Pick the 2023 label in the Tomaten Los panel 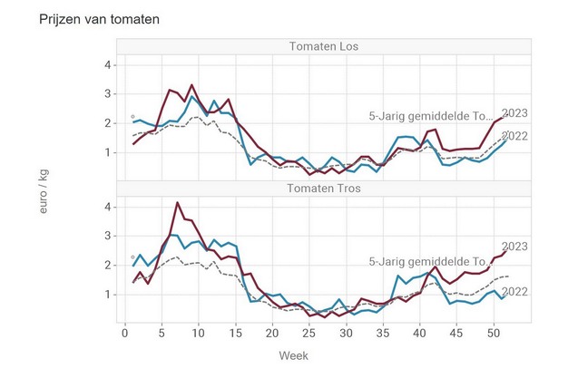click(x=514, y=114)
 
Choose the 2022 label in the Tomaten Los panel click(x=514, y=136)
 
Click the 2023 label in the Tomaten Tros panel click(x=514, y=247)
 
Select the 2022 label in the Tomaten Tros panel click(x=514, y=291)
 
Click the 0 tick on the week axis click(x=125, y=334)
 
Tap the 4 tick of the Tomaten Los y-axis click(x=108, y=65)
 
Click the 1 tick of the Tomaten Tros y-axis click(x=108, y=295)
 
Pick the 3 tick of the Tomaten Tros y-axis click(x=108, y=236)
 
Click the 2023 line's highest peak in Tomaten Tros click(x=177, y=202)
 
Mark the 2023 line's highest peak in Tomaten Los click(x=191, y=85)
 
